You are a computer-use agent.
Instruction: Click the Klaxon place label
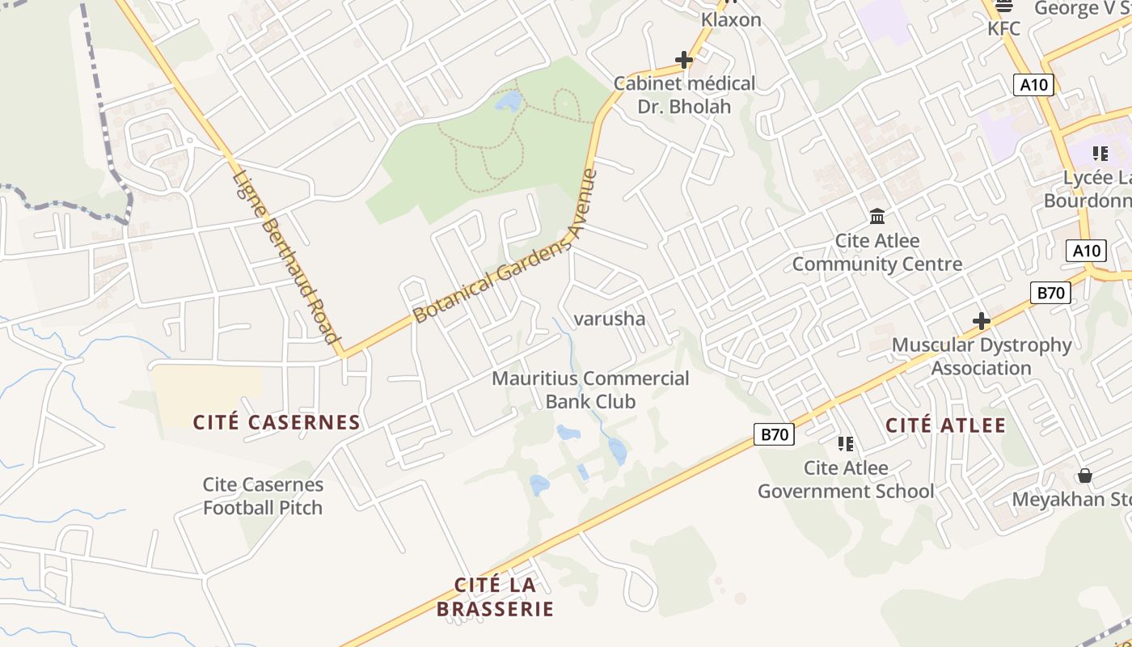[x=731, y=19]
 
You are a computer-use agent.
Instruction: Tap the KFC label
[x=1003, y=28]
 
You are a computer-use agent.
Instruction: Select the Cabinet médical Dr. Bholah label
[x=684, y=95]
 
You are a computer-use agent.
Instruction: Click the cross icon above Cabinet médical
[x=684, y=60]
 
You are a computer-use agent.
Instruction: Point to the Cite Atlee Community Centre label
[x=877, y=252]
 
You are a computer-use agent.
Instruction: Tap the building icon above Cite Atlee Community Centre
[x=877, y=216]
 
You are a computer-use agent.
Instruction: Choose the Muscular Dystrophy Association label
[x=981, y=357]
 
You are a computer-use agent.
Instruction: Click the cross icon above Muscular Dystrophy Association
[x=981, y=321]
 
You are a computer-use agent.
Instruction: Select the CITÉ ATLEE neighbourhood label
[x=945, y=425]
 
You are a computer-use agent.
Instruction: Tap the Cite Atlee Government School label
[x=846, y=480]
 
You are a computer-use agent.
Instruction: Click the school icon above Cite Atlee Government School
[x=846, y=443]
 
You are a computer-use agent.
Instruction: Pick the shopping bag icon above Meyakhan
[x=1085, y=476]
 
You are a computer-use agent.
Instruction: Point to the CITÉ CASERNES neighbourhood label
[x=277, y=422]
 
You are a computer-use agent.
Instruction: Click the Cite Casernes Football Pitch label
[x=263, y=496]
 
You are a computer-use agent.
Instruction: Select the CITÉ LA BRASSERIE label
[x=495, y=597]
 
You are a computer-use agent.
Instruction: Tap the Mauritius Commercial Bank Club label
[x=590, y=390]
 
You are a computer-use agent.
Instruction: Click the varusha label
[x=610, y=319]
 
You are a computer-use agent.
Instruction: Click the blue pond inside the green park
[x=508, y=101]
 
